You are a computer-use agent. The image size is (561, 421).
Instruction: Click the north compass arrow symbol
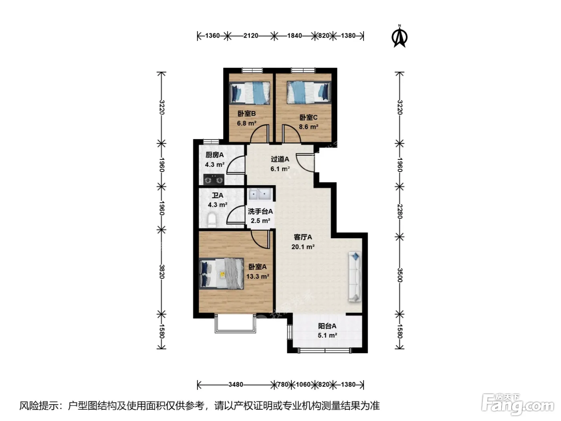pyautogui.click(x=399, y=36)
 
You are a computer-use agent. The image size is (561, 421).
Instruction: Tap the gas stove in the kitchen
pyautogui.click(x=214, y=180)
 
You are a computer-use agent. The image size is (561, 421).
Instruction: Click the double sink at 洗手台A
pyautogui.click(x=260, y=194)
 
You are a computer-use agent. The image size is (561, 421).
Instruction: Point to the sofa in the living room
pyautogui.click(x=355, y=277)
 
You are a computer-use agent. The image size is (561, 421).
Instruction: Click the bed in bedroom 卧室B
pyautogui.click(x=250, y=93)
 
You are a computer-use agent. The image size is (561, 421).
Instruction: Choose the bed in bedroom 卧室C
pyautogui.click(x=309, y=93)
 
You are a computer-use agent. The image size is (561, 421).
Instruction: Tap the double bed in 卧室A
pyautogui.click(x=221, y=273)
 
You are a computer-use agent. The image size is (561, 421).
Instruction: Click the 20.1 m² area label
pyautogui.click(x=303, y=247)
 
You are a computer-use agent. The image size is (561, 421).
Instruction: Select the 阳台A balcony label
pyautogui.click(x=327, y=326)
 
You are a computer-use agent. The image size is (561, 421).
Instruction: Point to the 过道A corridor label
pyautogui.click(x=280, y=159)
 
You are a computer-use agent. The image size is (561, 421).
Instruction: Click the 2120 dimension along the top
pyautogui.click(x=250, y=36)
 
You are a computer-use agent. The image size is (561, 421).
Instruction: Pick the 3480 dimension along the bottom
pyautogui.click(x=236, y=385)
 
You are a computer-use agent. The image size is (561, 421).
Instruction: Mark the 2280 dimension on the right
pyautogui.click(x=400, y=211)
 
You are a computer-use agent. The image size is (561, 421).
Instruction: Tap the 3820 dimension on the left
pyautogui.click(x=161, y=272)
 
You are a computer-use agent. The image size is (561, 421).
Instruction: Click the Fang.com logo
pyautogui.click(x=518, y=405)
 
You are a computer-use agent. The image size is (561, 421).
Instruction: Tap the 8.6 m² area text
pyautogui.click(x=309, y=127)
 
